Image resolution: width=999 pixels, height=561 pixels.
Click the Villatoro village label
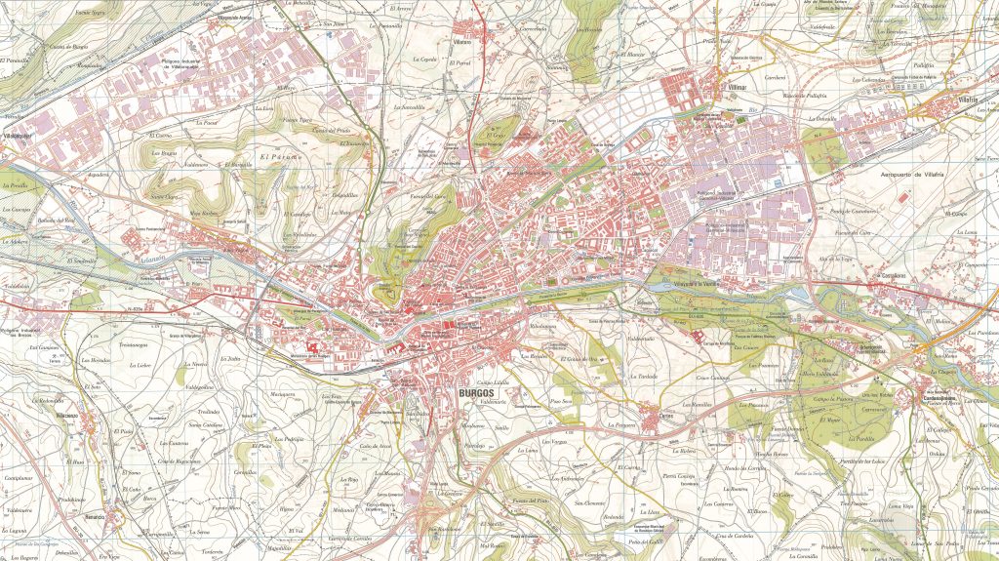click(476, 43)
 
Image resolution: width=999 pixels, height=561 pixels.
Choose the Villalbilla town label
click(18, 135)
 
